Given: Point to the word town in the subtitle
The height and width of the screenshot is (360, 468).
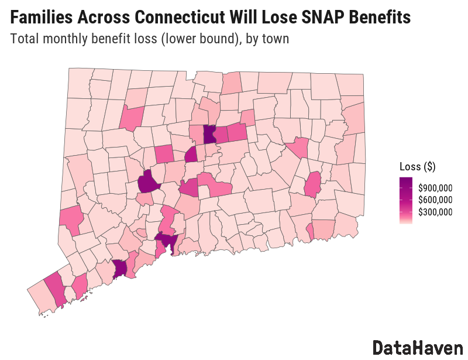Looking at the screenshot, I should coord(276,39).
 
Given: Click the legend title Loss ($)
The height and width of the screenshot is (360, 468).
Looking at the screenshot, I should coord(417,166).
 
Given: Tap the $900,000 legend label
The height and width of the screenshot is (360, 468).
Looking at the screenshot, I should coord(435,188).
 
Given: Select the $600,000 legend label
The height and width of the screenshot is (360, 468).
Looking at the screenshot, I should coord(435,200).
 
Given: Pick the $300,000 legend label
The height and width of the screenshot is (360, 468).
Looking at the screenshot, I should coord(435,212).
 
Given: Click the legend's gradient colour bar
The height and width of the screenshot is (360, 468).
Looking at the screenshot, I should coord(405,200).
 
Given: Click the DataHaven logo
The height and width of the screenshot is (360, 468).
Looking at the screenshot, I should coord(417,347).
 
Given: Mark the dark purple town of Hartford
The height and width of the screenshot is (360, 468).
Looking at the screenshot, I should coord(209,135).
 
